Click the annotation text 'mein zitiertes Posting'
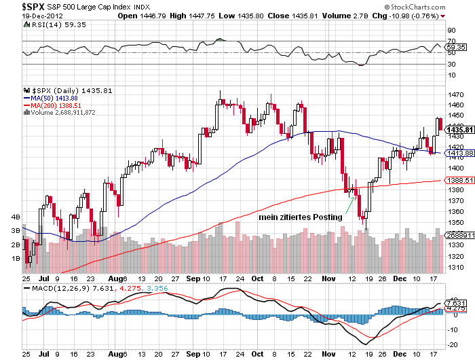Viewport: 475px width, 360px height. pyautogui.click(x=300, y=217)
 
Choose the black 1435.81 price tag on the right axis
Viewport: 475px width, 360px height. pyautogui.click(x=455, y=130)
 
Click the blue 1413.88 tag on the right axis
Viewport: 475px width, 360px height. pyautogui.click(x=455, y=154)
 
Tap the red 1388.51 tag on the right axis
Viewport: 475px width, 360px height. pyautogui.click(x=455, y=180)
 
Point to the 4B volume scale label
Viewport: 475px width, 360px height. pyautogui.click(x=14, y=217)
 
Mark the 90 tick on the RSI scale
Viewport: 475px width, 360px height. pyautogui.click(x=450, y=31)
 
